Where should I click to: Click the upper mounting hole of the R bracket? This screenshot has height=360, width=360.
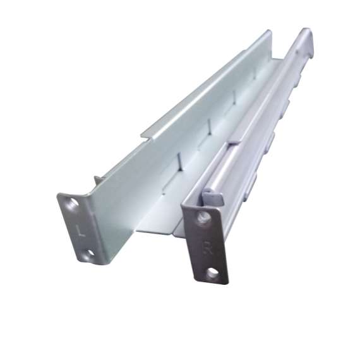[202, 220]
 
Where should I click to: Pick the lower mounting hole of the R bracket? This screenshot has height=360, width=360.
[215, 275]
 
